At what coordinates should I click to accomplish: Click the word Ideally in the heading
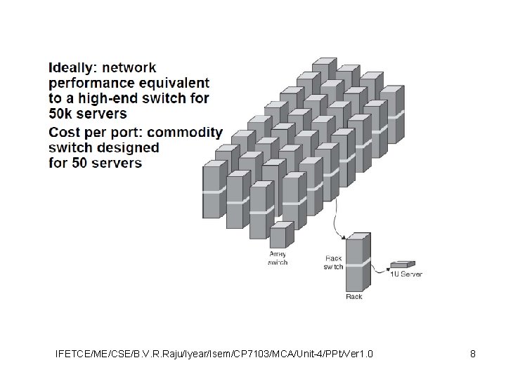point(72,69)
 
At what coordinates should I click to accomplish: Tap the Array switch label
point(278,258)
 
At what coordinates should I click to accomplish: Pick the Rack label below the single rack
point(355,297)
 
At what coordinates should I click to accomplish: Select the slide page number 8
point(473,353)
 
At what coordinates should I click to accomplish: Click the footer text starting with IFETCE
point(214,353)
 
